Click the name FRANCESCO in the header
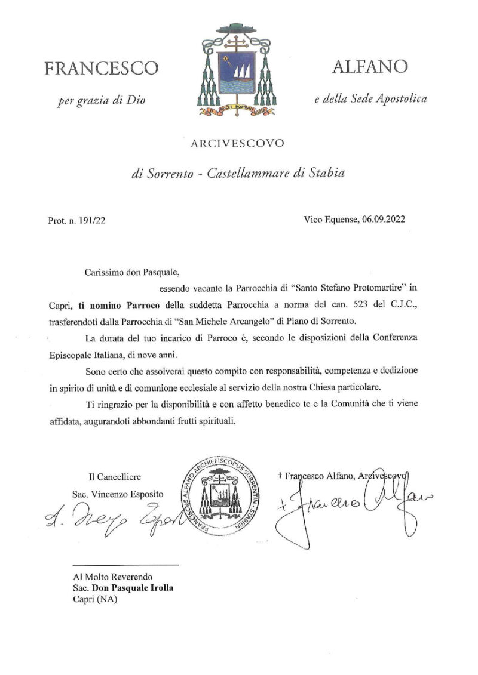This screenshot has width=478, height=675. [101, 68]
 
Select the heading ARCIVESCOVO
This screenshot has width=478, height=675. [238, 143]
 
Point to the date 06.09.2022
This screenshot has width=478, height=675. [383, 219]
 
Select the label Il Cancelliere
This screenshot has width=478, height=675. [113, 477]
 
